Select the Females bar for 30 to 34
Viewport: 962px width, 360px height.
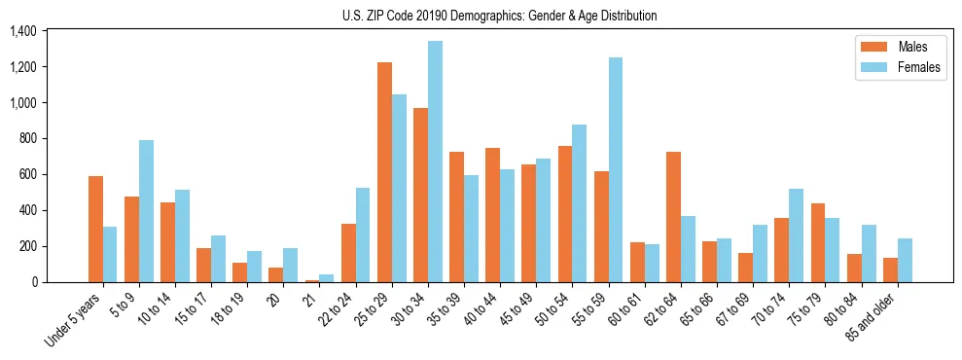tap(435, 162)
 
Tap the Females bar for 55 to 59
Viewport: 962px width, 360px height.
tap(616, 170)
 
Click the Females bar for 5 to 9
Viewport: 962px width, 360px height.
tap(146, 211)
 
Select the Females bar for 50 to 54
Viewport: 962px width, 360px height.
tap(580, 203)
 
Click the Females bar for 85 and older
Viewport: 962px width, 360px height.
tap(905, 260)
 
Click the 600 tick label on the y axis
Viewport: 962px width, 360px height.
tap(26, 175)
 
